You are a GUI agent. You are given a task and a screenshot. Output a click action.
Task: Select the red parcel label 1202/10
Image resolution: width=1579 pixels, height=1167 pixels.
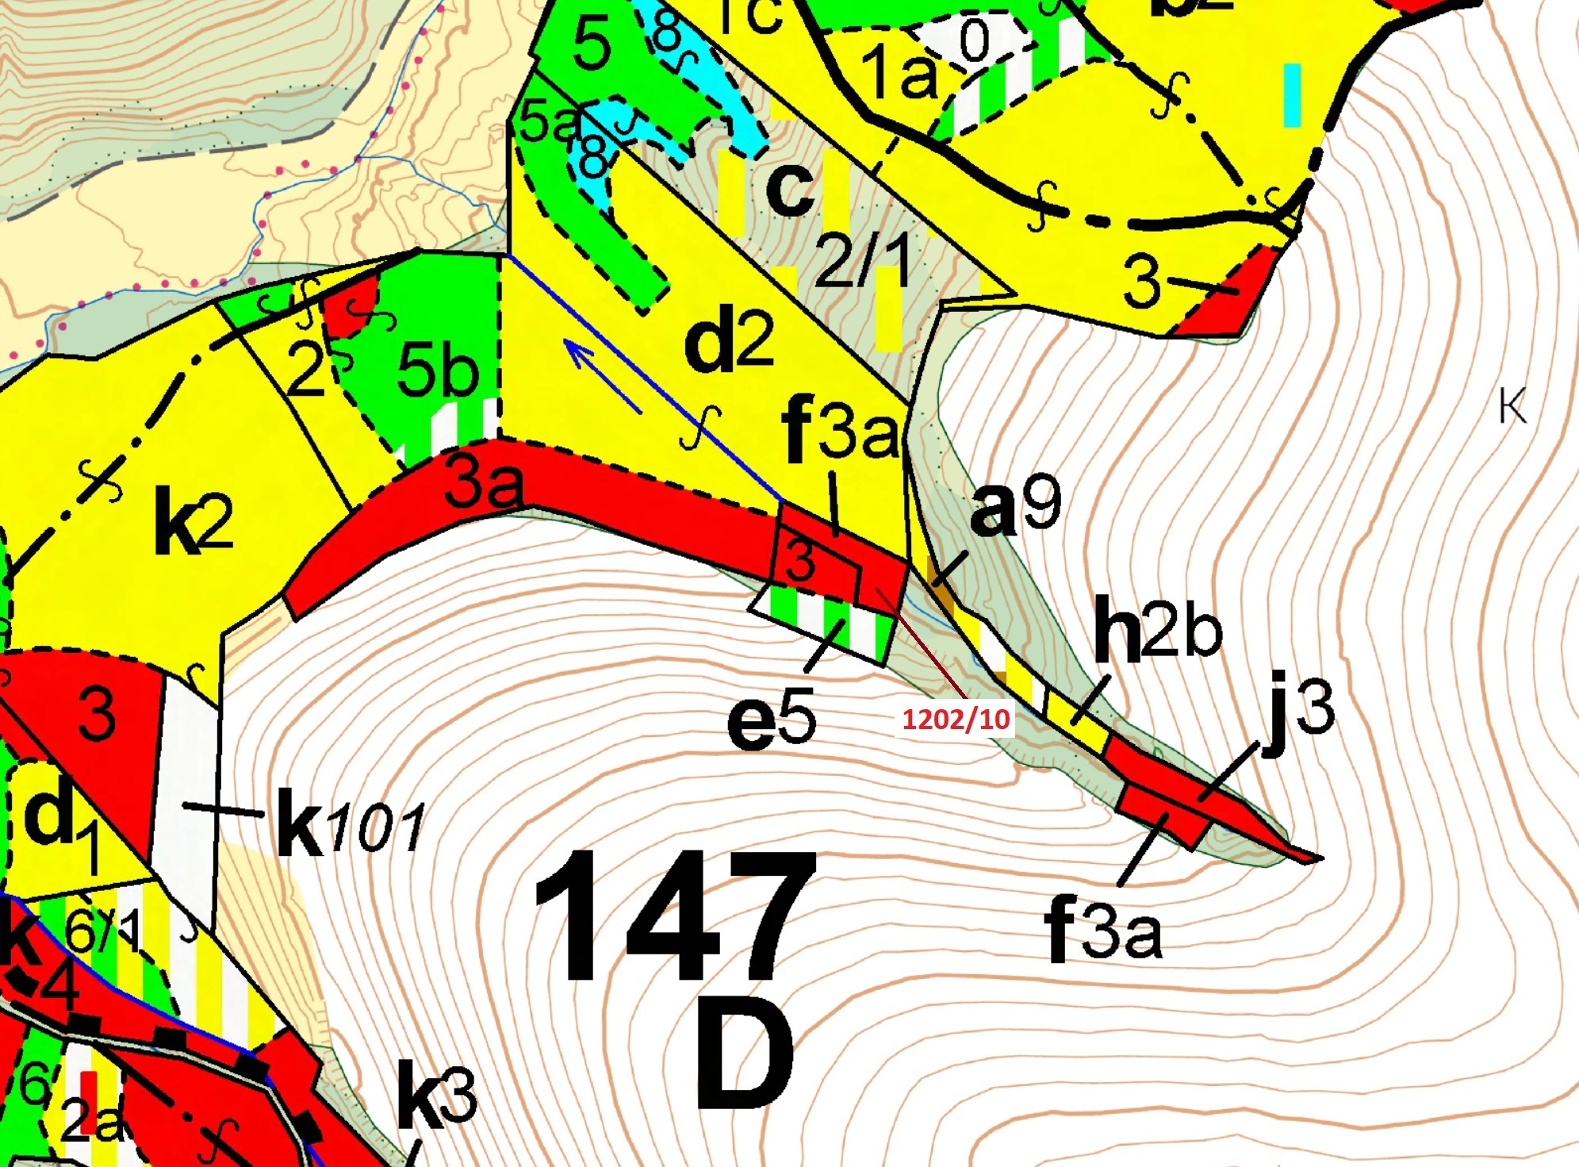(956, 720)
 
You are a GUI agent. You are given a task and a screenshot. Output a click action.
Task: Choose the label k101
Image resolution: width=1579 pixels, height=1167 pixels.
(350, 827)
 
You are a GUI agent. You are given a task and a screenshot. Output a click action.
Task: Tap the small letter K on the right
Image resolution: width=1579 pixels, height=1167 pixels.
(1512, 408)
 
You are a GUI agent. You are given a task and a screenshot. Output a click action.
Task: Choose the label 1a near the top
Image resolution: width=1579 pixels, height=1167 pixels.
(899, 72)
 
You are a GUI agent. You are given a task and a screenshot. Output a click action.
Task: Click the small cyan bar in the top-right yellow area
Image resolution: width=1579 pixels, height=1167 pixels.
(1292, 95)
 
